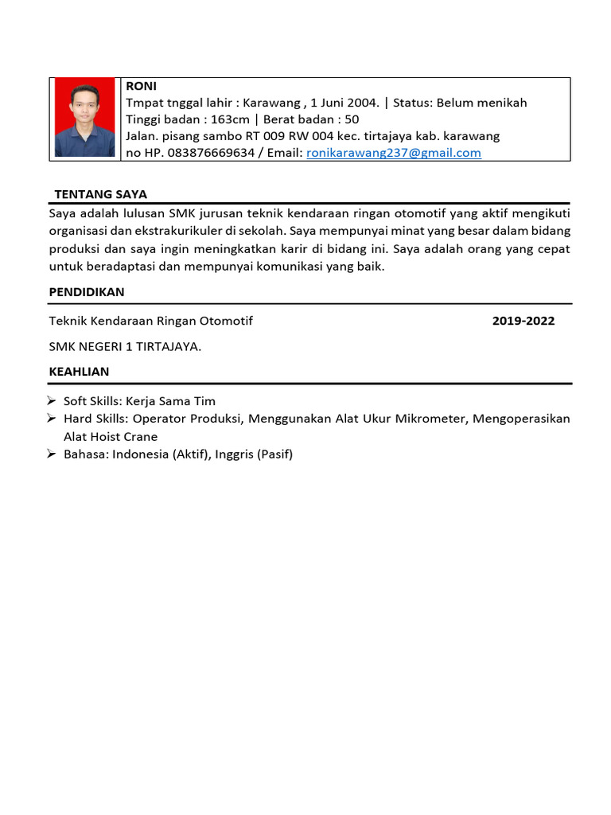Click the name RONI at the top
(141, 86)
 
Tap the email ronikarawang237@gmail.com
(394, 153)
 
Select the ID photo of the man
(84, 119)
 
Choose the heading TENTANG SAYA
(100, 194)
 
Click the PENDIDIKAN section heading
(87, 292)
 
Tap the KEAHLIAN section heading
(80, 372)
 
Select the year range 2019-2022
(523, 321)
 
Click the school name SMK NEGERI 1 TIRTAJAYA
(125, 346)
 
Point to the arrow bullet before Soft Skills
(53, 401)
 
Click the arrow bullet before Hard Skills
(53, 419)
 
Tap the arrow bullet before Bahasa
(53, 454)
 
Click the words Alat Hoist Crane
(111, 436)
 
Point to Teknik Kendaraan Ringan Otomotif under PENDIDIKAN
(151, 321)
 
